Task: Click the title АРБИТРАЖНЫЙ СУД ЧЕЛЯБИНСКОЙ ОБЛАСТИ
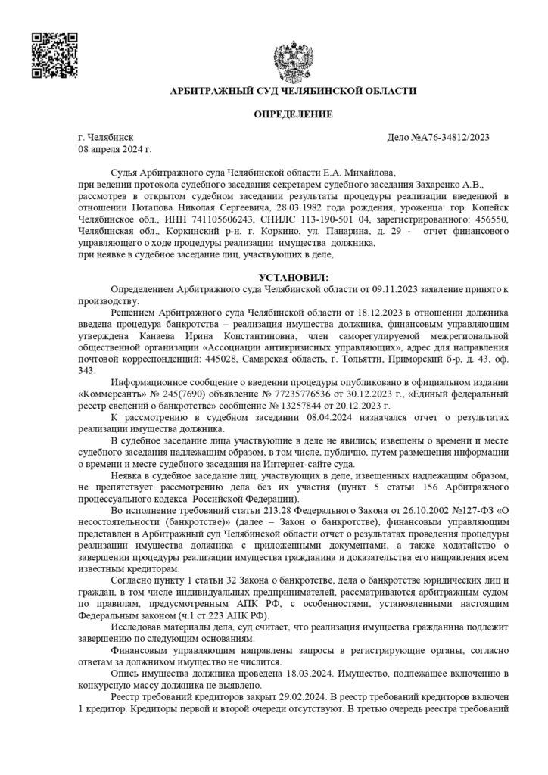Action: (x=293, y=91)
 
